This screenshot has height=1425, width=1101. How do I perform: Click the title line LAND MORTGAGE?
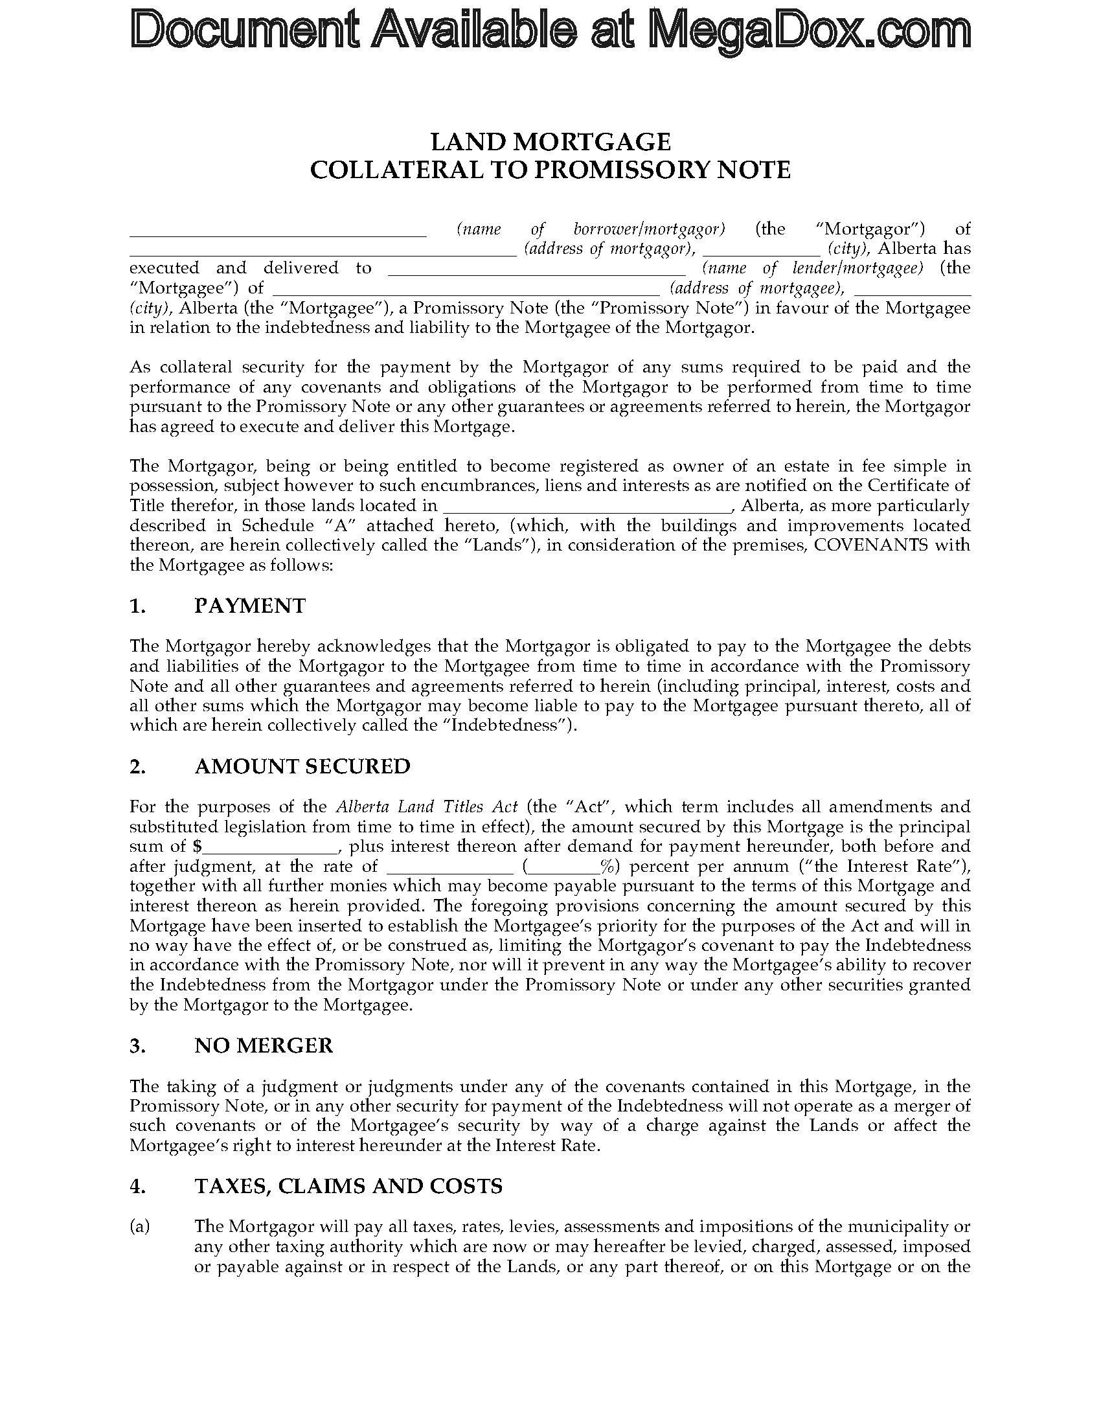pyautogui.click(x=550, y=142)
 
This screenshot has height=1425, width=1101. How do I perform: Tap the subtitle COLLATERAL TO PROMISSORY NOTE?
pyautogui.click(x=550, y=170)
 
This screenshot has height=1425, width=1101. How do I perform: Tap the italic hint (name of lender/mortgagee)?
pyautogui.click(x=812, y=268)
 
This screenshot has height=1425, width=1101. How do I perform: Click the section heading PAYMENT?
pyautogui.click(x=250, y=606)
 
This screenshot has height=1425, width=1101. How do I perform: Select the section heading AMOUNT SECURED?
pyautogui.click(x=302, y=766)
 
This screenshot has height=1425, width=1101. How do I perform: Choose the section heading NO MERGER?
pyautogui.click(x=264, y=1045)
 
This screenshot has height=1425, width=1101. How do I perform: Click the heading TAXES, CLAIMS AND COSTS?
pyautogui.click(x=348, y=1185)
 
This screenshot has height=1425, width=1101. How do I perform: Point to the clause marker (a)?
pyautogui.click(x=140, y=1227)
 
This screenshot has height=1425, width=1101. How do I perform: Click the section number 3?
pyautogui.click(x=137, y=1045)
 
